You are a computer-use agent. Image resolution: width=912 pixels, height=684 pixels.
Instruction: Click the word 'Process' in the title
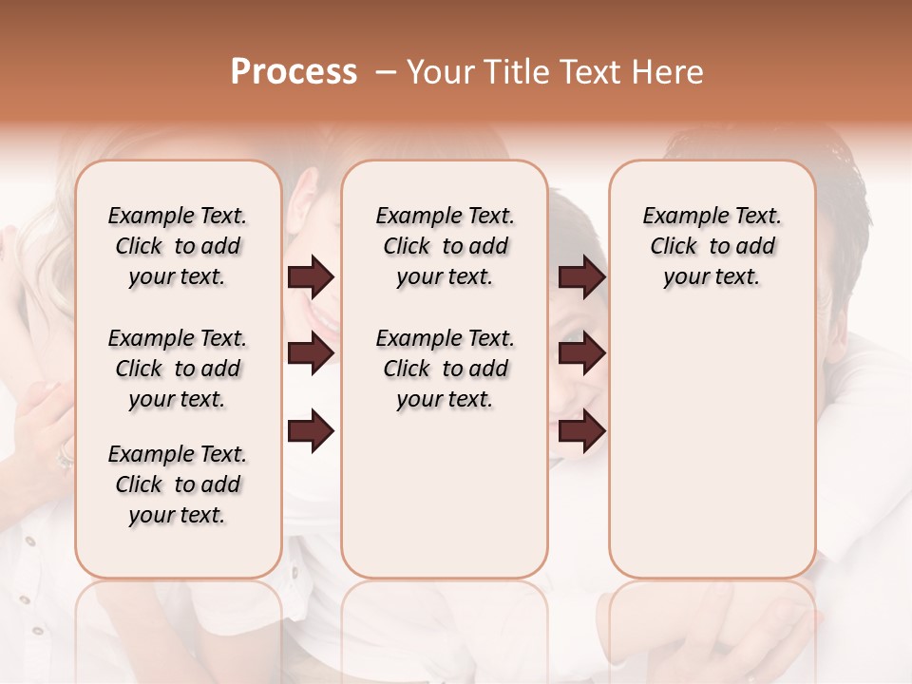coord(294,72)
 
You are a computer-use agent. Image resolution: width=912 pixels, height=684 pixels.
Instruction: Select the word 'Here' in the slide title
coord(670,72)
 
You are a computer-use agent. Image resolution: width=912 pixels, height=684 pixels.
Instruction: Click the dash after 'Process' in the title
coord(384,73)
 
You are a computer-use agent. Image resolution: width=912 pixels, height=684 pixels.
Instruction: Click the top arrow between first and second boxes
coord(311,276)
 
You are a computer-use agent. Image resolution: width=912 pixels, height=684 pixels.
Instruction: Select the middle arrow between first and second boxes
coord(311,353)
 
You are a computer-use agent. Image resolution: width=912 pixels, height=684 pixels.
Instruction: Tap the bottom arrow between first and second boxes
coord(311,432)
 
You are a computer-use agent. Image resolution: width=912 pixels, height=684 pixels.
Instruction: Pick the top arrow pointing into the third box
coord(581,276)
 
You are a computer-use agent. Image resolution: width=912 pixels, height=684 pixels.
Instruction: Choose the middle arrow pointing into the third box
coord(581,353)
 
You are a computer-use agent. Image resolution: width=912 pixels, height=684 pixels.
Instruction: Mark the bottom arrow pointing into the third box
coord(581,432)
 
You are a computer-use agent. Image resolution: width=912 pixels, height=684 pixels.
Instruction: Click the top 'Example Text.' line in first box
coord(178,216)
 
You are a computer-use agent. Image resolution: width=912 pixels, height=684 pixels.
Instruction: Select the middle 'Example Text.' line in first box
coord(178,338)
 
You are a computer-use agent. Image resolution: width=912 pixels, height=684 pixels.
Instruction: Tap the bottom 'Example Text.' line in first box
coord(178,454)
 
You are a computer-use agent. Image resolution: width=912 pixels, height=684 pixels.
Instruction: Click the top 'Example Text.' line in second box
coord(445,216)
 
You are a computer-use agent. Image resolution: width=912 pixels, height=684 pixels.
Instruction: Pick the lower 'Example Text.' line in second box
coord(445,338)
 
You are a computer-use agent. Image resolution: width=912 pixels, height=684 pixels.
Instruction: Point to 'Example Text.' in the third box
coord(712,216)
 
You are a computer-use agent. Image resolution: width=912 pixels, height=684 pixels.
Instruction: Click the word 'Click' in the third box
coord(674,246)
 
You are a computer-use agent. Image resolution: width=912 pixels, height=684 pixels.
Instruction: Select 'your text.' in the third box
coord(712,276)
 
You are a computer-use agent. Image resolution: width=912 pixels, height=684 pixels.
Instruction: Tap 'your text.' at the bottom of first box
coord(178,515)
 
